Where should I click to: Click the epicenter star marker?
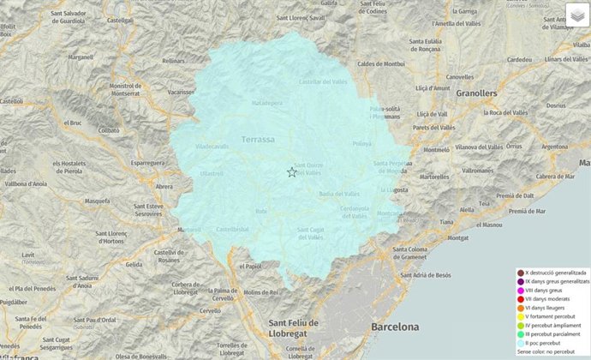292,172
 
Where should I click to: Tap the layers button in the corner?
577,15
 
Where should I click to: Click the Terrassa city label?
258,139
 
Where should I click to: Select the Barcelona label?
395,327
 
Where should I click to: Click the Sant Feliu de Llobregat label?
294,327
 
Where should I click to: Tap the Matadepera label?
266,102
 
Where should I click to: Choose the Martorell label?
189,230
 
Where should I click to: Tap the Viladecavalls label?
213,147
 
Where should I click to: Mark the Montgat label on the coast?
458,237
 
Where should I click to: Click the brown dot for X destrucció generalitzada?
520,273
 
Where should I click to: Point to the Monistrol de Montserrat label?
126,90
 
